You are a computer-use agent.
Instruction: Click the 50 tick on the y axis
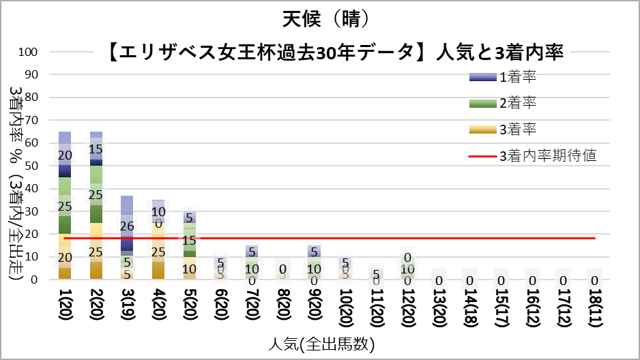38,166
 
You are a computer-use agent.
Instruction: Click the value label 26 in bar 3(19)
127,226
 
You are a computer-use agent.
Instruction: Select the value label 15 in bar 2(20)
96,149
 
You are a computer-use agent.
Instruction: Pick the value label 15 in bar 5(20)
189,241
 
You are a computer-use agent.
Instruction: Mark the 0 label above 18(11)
595,280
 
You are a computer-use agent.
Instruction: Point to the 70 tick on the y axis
38,120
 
